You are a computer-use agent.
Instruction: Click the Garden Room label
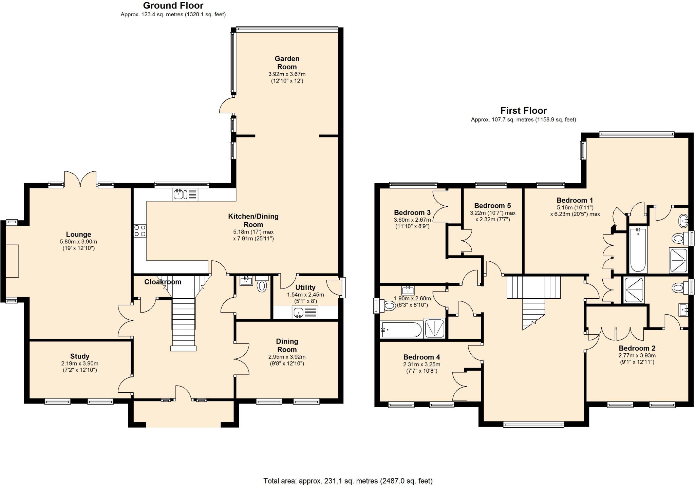[x=287, y=63]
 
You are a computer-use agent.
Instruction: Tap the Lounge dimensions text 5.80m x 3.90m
[x=78, y=242]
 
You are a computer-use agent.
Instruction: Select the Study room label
[x=80, y=356]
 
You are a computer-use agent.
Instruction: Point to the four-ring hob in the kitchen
[x=140, y=231]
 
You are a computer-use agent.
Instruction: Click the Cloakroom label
[x=163, y=282]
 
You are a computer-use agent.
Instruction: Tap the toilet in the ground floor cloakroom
[x=262, y=286]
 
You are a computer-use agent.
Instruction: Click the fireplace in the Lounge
[x=12, y=261]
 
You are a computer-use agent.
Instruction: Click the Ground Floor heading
[x=173, y=5]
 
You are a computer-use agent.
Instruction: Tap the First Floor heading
[x=523, y=111]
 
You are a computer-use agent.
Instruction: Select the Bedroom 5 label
[x=492, y=205]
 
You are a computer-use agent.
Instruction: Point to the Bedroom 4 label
[x=421, y=357]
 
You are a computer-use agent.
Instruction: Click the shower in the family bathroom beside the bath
[x=435, y=328]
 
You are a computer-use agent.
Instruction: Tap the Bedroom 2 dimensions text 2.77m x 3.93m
[x=637, y=355]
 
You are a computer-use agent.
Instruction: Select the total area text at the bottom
[x=348, y=481]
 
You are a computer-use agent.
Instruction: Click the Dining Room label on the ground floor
[x=287, y=345]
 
